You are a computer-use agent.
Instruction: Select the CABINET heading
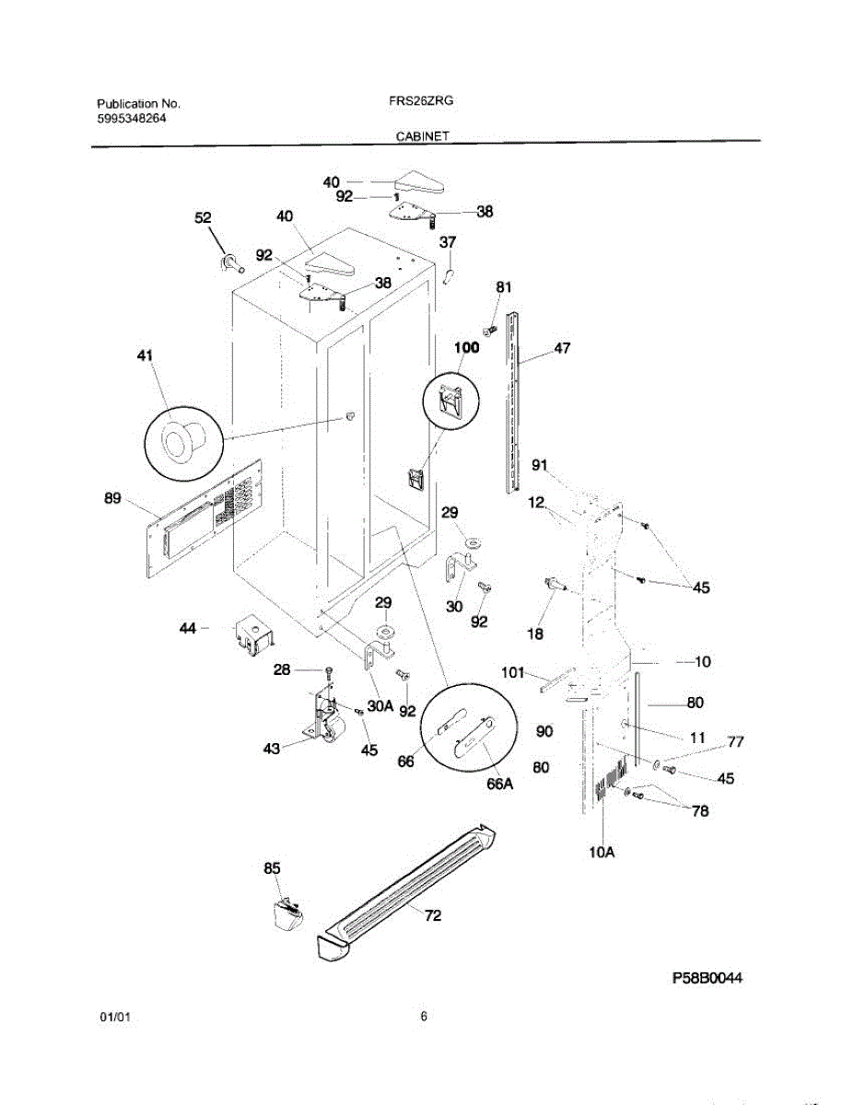pyautogui.click(x=423, y=135)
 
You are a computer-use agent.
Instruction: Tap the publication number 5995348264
pyautogui.click(x=132, y=119)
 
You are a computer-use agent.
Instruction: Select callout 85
pyautogui.click(x=272, y=867)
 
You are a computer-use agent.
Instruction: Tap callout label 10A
pyautogui.click(x=602, y=853)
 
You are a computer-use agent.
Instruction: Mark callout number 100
pyautogui.click(x=467, y=347)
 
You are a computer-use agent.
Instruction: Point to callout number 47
pyautogui.click(x=562, y=348)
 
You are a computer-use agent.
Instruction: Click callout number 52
pyautogui.click(x=203, y=218)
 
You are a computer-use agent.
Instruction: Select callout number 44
pyautogui.click(x=188, y=627)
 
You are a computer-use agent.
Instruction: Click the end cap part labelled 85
pyautogui.click(x=287, y=915)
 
